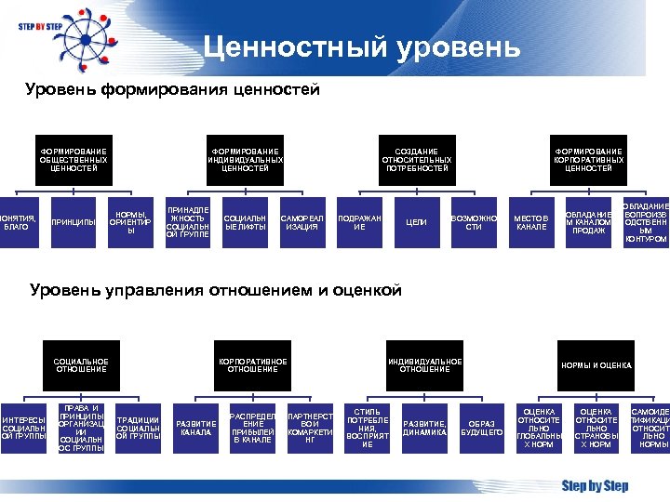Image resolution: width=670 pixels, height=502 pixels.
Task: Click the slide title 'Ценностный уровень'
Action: coord(362,46)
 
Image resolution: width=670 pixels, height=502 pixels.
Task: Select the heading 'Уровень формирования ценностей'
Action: coord(173,90)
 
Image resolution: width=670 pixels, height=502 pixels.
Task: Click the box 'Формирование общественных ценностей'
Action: coord(74,160)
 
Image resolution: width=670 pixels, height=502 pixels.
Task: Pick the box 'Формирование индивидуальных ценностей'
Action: coord(245,160)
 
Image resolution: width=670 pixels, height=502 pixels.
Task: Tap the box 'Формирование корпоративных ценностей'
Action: coord(588,160)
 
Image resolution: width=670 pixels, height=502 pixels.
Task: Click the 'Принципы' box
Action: coord(74,223)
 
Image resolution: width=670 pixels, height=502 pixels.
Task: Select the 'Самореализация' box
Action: coord(302,223)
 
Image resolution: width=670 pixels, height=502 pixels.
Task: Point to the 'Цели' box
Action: coord(417,223)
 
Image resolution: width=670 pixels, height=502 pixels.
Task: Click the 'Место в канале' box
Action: coord(531,223)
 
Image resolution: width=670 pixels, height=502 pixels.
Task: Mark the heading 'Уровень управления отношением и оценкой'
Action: coord(216,290)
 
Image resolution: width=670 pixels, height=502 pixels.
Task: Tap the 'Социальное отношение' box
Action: coord(81,365)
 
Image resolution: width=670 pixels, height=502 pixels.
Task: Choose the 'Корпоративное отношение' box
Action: coord(253,365)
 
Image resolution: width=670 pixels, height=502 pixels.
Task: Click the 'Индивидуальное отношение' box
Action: coord(424,365)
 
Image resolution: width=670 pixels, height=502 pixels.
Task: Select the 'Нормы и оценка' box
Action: coord(596,365)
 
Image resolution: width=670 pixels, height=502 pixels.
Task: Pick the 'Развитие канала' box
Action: coord(196,428)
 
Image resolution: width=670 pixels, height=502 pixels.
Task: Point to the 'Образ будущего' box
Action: coord(481,428)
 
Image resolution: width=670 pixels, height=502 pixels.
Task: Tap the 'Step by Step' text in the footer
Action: coord(595,485)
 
